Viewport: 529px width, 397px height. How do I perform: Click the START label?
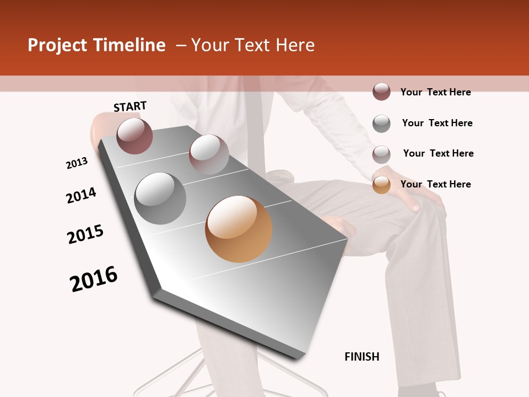(x=130, y=106)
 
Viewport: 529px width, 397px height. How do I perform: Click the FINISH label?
(x=361, y=357)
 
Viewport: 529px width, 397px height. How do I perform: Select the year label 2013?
(x=77, y=163)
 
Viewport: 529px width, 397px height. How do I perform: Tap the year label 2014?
(x=81, y=195)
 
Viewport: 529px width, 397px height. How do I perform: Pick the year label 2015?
(x=85, y=234)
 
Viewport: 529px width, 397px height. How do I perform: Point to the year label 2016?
(x=94, y=278)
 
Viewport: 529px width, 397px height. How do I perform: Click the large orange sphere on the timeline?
(x=239, y=229)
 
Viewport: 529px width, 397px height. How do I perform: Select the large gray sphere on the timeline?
(x=160, y=198)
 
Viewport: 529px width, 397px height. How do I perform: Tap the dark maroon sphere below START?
(x=134, y=136)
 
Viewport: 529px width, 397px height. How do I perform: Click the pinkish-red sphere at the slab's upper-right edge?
(x=209, y=154)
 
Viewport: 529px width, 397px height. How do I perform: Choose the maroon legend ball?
(x=381, y=92)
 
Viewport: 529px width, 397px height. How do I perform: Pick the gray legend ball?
(x=381, y=124)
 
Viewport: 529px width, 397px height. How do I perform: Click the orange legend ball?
(x=381, y=185)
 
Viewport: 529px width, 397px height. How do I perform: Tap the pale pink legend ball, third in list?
(x=381, y=154)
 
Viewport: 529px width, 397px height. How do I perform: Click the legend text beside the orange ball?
(x=435, y=184)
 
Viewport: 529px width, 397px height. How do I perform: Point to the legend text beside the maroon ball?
(x=435, y=92)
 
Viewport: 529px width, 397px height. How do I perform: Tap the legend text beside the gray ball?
(x=437, y=123)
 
